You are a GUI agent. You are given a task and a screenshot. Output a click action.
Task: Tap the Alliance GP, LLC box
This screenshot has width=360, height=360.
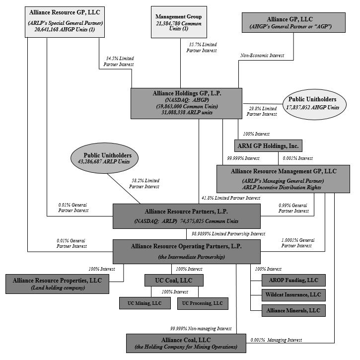coord(293,22)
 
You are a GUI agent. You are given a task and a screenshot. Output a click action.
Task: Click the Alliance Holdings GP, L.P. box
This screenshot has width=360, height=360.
coord(187,103)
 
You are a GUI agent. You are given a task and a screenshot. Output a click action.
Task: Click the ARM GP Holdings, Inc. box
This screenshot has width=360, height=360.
coord(268,145)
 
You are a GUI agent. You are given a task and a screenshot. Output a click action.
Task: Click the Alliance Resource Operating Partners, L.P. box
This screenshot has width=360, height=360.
coord(187,251)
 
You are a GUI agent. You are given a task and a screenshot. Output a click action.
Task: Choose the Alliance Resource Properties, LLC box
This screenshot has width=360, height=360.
coord(57,284)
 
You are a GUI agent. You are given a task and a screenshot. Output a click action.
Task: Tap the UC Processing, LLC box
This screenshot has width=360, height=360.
coord(203,303)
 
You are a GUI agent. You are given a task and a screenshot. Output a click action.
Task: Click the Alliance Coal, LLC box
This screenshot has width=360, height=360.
coord(186,343)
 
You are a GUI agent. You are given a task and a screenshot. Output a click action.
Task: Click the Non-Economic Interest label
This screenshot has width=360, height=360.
coord(262,56)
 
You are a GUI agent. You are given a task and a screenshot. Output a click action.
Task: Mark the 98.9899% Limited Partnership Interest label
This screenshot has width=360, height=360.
coord(228,233)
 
